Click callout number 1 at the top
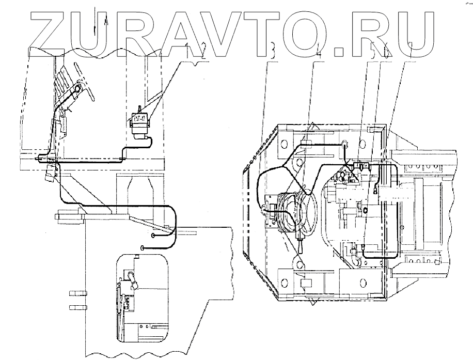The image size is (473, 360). (193, 50)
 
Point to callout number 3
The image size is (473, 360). (273, 50)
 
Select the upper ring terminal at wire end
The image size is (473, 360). (154, 236)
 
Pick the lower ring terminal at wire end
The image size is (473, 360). (141, 248)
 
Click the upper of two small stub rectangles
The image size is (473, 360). (76, 294)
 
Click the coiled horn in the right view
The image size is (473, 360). (293, 211)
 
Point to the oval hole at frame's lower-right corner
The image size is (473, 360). (365, 282)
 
